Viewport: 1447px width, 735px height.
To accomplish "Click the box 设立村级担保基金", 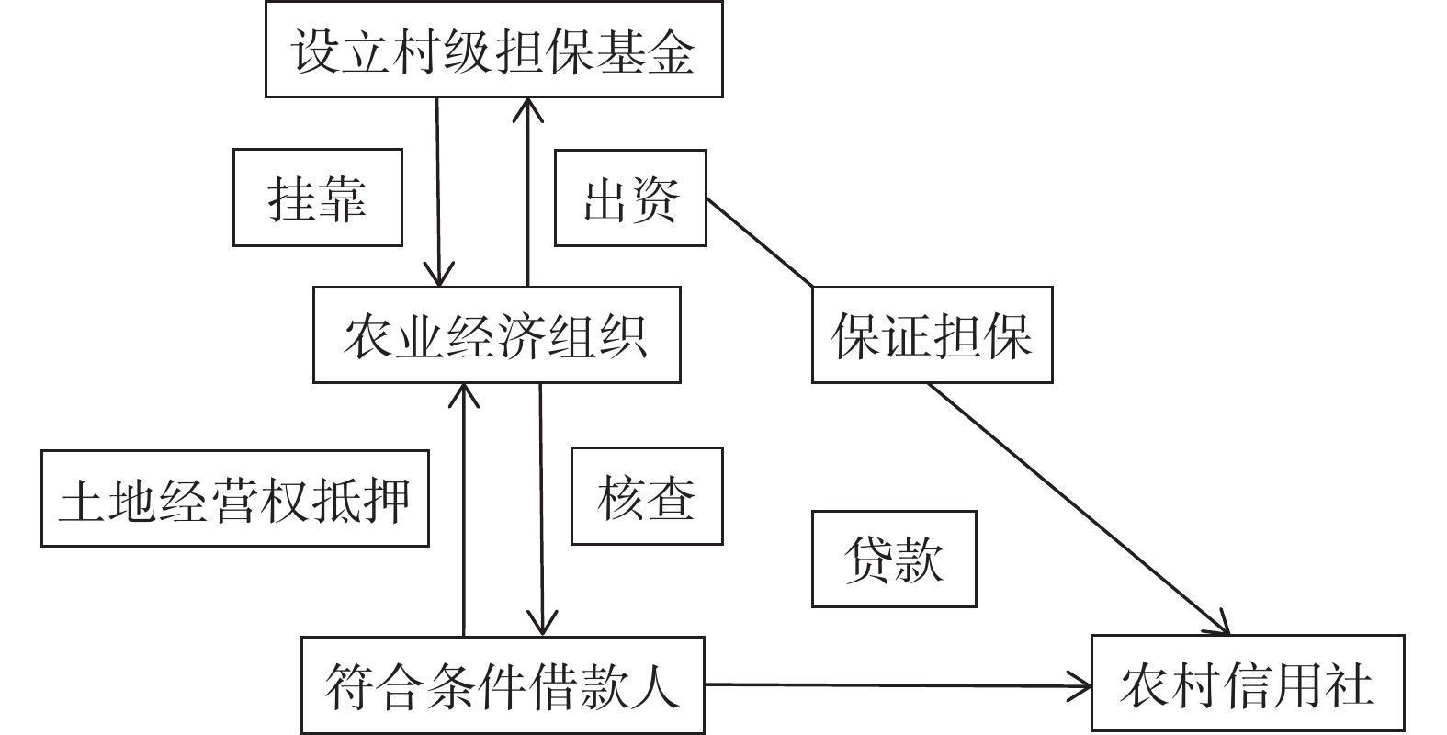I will pos(493,50).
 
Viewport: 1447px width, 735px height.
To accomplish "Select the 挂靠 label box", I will pos(317,198).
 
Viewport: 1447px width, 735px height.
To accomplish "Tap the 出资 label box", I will pos(630,198).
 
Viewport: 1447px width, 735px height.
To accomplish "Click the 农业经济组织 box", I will pos(496,335).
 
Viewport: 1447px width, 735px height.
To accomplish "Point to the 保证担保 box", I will pos(932,335).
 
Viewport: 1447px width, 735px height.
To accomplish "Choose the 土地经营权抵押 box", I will pos(234,499).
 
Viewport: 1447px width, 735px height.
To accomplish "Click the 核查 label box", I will pos(646,497).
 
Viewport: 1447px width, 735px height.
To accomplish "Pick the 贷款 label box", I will pos(893,559).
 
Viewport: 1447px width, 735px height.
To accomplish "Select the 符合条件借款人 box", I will pos(503,685).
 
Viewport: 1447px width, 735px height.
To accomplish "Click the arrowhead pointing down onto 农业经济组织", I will pos(439,276).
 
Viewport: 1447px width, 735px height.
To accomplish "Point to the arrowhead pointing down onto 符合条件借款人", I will pos(542,625).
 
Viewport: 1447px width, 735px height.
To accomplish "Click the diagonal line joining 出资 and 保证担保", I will pos(759,242).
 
